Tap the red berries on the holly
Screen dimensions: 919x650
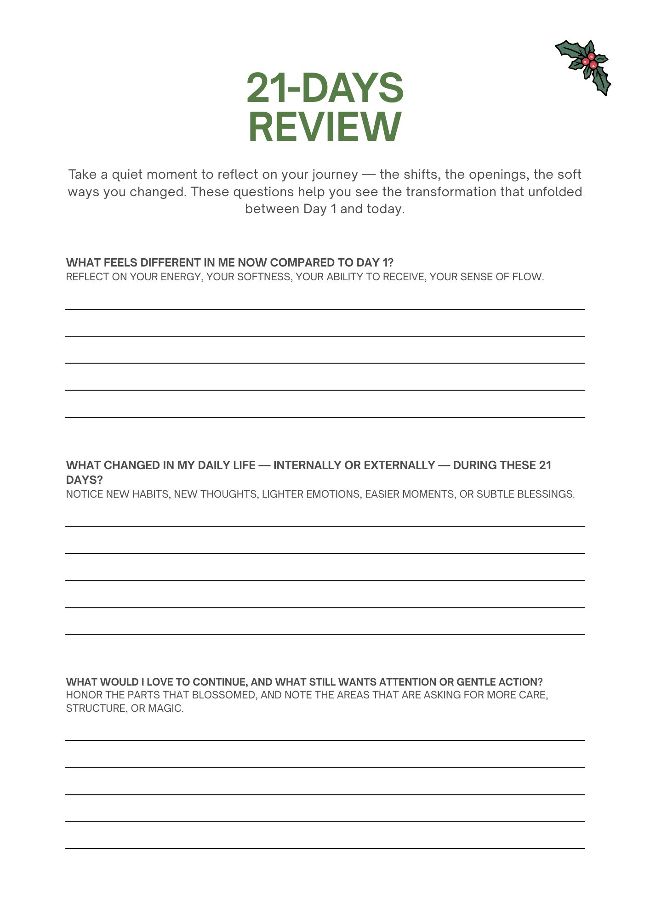590,61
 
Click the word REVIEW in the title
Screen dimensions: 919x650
325,127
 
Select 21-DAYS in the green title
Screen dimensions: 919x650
325,88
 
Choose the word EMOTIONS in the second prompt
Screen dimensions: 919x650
335,494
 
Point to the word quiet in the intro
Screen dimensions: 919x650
127,175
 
